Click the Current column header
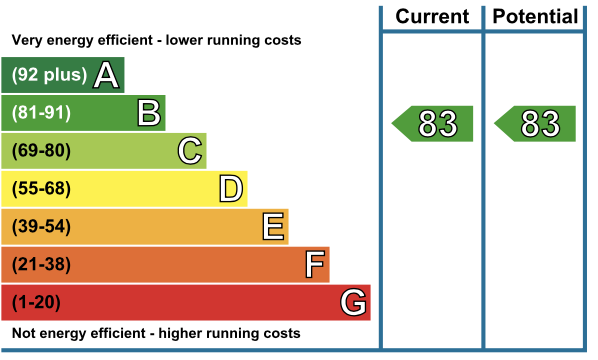432,16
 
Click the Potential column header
535,16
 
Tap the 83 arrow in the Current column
432,124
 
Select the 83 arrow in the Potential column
535,124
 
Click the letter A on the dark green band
106,75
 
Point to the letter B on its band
149,113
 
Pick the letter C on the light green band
190,151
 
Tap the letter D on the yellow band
231,188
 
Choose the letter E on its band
273,226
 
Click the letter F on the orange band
315,264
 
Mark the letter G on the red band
354,302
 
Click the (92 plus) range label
49,75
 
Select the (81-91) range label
41,113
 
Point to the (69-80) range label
41,151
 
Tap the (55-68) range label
41,188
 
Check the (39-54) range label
41,226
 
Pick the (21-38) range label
41,264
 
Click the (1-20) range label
36,302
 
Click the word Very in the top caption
27,40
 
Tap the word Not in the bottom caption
24,333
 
